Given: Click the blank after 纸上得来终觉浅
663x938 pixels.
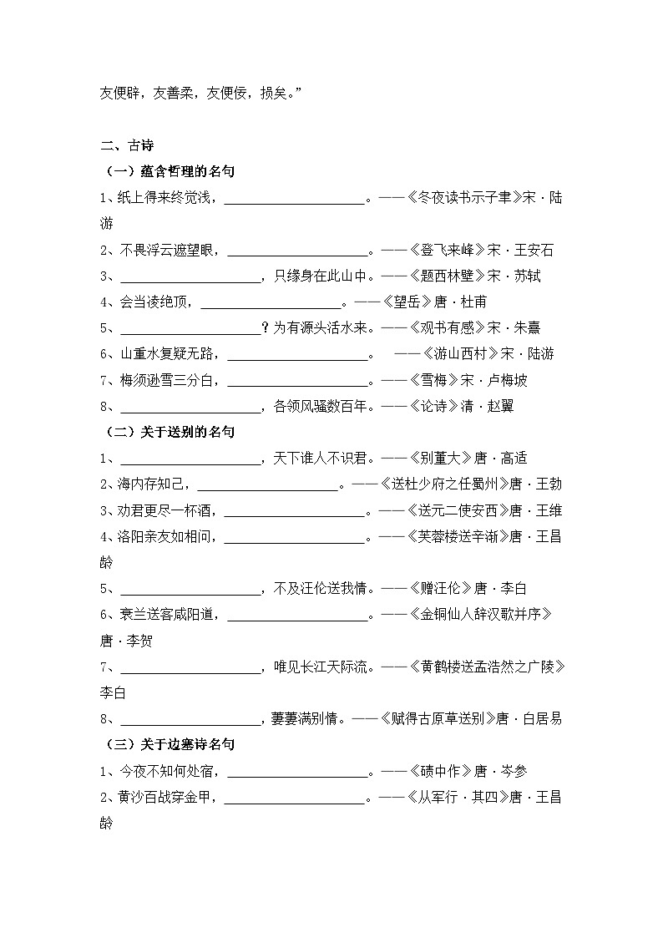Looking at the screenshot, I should click(x=296, y=199).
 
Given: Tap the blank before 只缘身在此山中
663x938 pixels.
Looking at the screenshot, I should click(x=191, y=276).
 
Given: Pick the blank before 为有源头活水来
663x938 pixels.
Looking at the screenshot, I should click(x=191, y=328).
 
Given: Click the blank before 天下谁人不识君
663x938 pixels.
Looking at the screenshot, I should click(x=191, y=459).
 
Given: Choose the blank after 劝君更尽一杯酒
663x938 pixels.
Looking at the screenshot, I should click(x=296, y=510).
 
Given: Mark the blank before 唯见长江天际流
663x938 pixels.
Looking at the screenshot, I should click(x=191, y=667).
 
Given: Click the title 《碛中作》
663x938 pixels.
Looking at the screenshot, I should click(x=441, y=771).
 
